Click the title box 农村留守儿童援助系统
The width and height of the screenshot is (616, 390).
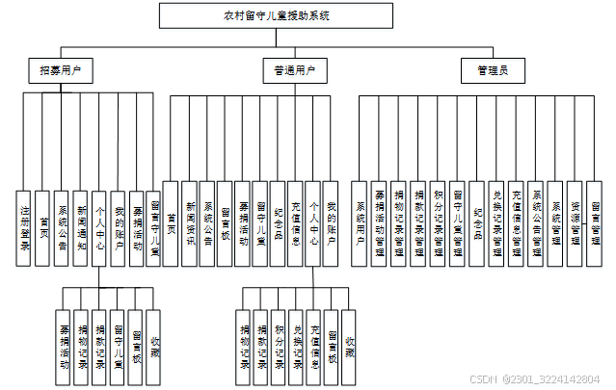point(275,15)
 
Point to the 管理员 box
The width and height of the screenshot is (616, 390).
point(499,70)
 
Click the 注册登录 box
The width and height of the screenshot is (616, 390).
point(26,227)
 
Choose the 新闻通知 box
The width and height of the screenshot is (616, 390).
point(82,227)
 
